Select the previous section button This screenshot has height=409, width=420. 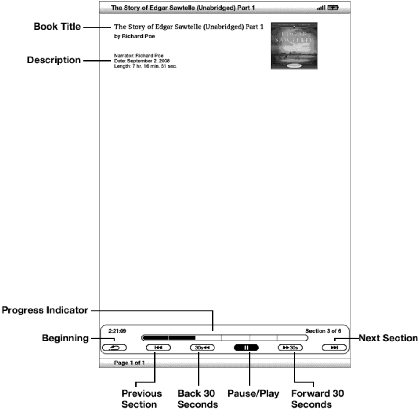pos(158,348)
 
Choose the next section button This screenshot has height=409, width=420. pos(334,348)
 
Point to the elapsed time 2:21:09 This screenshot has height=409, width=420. pos(117,331)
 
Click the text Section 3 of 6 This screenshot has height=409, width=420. pos(323,331)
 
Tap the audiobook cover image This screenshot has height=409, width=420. pos(294,46)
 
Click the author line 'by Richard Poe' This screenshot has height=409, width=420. pos(135,36)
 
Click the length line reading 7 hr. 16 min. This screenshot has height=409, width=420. pos(145,66)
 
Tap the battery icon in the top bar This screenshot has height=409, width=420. pos(333,8)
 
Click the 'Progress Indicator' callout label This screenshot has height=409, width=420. pos(45,311)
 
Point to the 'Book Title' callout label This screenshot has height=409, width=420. pos(57,27)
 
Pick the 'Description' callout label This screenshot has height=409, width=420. pos(54,60)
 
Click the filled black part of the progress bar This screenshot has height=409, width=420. pos(169,338)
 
